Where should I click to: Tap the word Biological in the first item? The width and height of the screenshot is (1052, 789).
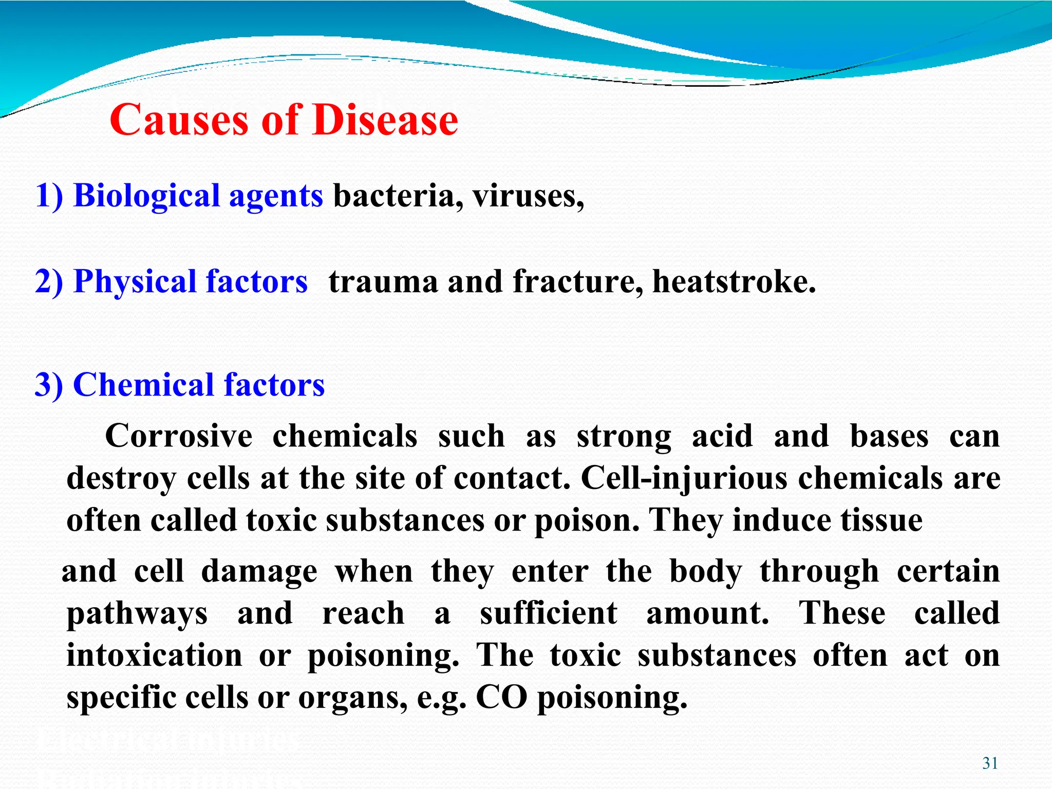pos(146,196)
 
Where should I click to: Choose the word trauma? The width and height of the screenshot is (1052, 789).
pos(383,282)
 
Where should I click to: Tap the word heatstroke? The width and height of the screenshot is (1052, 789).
pos(734,282)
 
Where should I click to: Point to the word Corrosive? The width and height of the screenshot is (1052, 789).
pos(179,436)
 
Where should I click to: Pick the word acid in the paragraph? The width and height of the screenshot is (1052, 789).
pos(722,436)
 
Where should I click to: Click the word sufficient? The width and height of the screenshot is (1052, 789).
pos(549,613)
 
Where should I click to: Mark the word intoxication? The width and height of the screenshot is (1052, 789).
pos(154,656)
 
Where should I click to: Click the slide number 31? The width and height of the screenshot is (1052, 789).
pos(990,763)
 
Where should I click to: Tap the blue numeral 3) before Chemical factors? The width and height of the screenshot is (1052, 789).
pos(49,385)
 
